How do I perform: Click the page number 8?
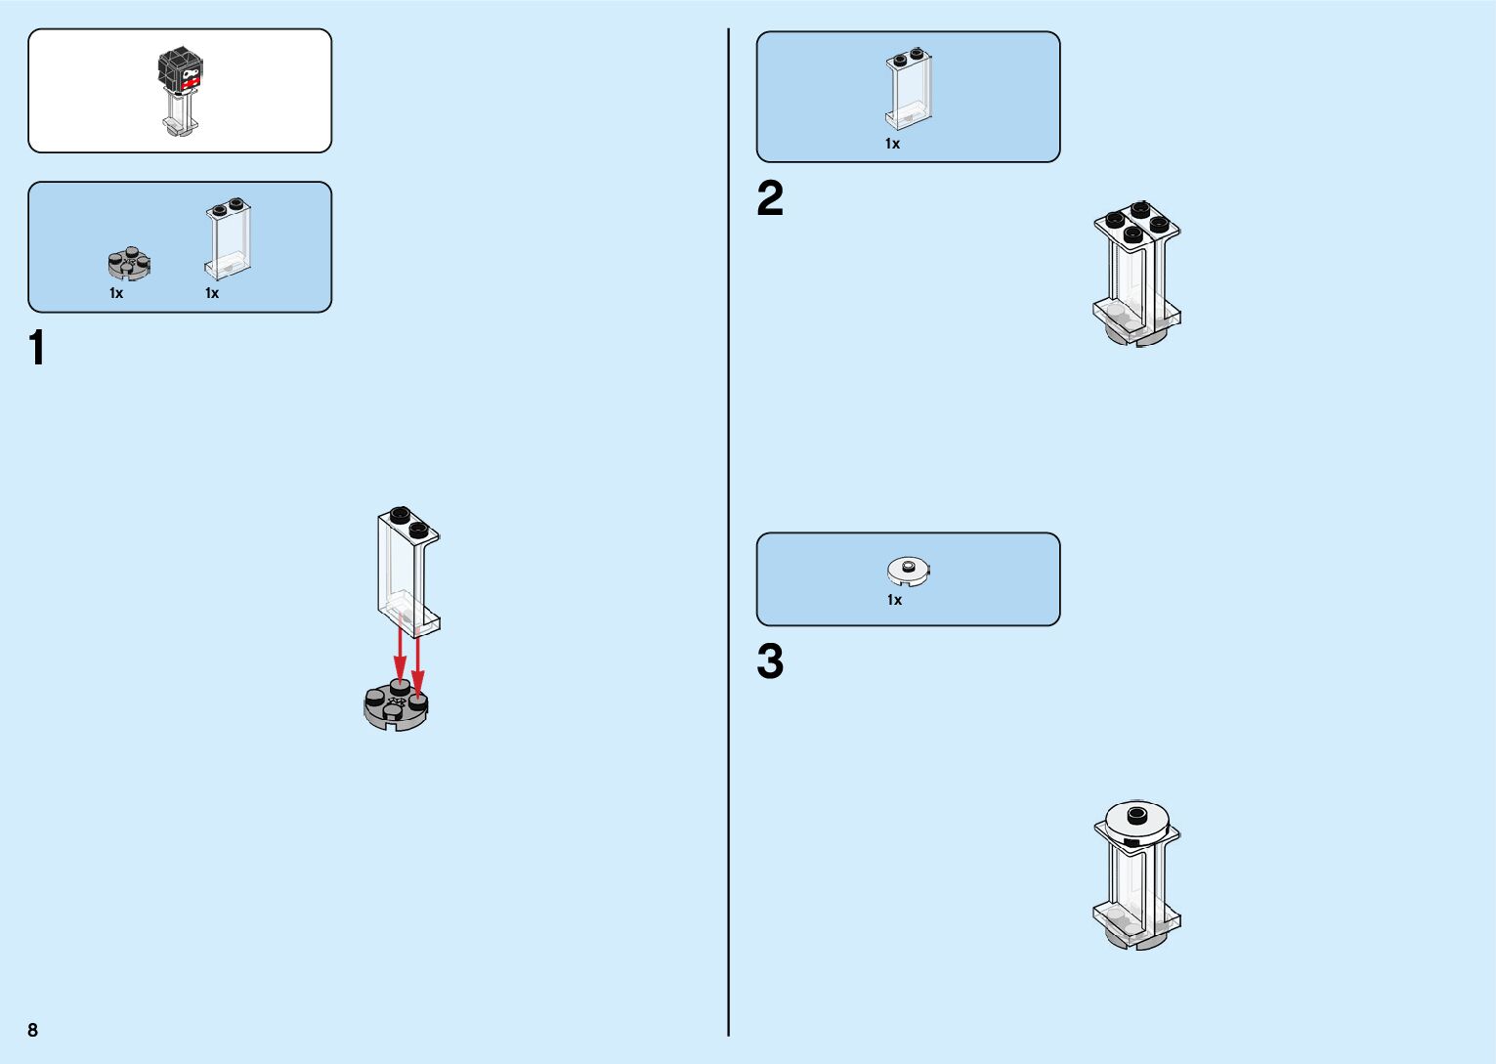click(33, 1030)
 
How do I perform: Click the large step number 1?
click(38, 349)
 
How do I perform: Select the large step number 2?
click(770, 199)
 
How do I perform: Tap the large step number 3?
click(770, 661)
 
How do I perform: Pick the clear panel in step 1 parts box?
click(229, 238)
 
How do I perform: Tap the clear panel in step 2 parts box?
click(909, 89)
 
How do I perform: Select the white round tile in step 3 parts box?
click(909, 570)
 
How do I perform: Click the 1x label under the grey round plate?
click(116, 293)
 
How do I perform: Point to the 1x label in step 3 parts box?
click(894, 600)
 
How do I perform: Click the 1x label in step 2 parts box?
click(892, 144)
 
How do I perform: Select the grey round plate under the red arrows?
click(395, 708)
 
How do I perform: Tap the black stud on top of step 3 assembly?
click(1136, 814)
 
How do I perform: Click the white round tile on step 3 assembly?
click(1136, 823)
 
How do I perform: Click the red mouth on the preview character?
click(190, 84)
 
